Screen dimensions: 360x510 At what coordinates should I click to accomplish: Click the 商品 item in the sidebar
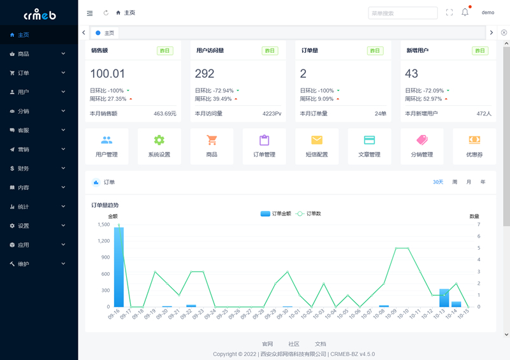coord(24,54)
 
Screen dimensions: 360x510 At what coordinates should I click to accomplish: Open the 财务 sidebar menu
coord(24,169)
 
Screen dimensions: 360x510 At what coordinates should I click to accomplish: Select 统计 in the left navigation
coord(24,207)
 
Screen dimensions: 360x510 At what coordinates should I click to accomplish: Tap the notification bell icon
coord(465,13)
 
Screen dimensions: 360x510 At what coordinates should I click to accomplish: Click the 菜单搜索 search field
coord(402,13)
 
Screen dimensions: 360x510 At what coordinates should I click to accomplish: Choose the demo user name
coord(488,13)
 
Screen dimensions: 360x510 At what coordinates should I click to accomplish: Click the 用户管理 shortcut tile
coord(106,147)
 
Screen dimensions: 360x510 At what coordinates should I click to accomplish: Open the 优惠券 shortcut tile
coord(474,147)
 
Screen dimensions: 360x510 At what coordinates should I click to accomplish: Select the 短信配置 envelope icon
coord(317,140)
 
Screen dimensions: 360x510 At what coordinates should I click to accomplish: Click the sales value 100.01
coord(108,74)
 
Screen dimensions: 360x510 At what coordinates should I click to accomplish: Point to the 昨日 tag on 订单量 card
coord(375,51)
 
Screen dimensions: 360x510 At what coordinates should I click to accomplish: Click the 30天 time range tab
coord(438,182)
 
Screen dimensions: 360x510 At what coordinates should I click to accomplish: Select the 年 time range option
coord(483,182)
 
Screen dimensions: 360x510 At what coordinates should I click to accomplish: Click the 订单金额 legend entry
coord(276,213)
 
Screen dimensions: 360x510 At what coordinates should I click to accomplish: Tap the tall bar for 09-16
coord(119,268)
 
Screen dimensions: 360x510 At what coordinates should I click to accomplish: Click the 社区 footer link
coord(294,344)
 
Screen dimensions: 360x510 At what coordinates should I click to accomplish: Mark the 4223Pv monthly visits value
coord(272,114)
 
